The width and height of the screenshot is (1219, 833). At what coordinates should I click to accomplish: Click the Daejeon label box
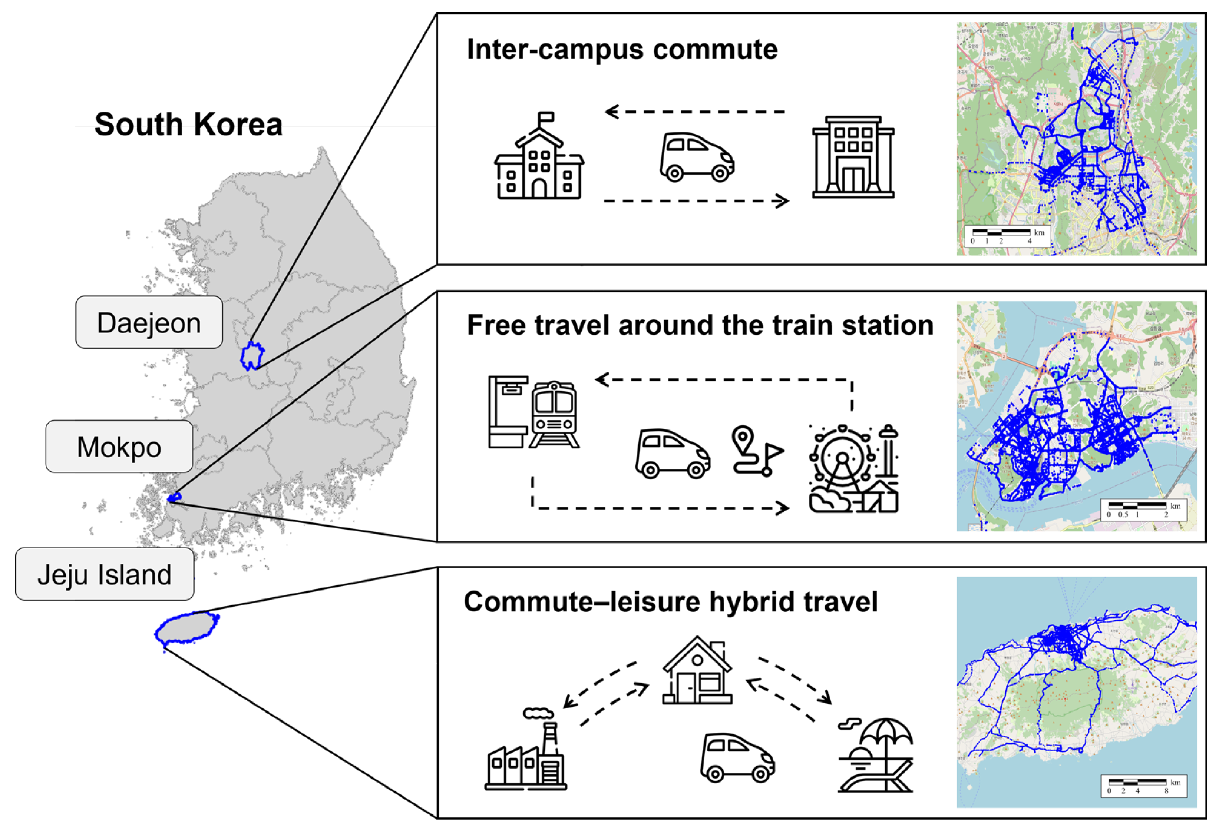point(149,322)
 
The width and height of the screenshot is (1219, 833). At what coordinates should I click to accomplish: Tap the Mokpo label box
point(119,447)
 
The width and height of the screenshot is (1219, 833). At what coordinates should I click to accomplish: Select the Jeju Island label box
point(105,574)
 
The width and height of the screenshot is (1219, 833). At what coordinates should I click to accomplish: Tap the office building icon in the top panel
point(853,157)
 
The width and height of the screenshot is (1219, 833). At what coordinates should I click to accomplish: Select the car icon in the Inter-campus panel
point(697,157)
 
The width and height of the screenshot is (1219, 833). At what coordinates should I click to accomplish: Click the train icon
point(554,414)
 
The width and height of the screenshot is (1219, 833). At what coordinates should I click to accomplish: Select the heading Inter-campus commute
point(622,50)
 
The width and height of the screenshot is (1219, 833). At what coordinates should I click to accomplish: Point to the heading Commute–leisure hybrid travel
point(670,601)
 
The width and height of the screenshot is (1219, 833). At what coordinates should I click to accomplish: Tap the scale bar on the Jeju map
point(1143,786)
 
